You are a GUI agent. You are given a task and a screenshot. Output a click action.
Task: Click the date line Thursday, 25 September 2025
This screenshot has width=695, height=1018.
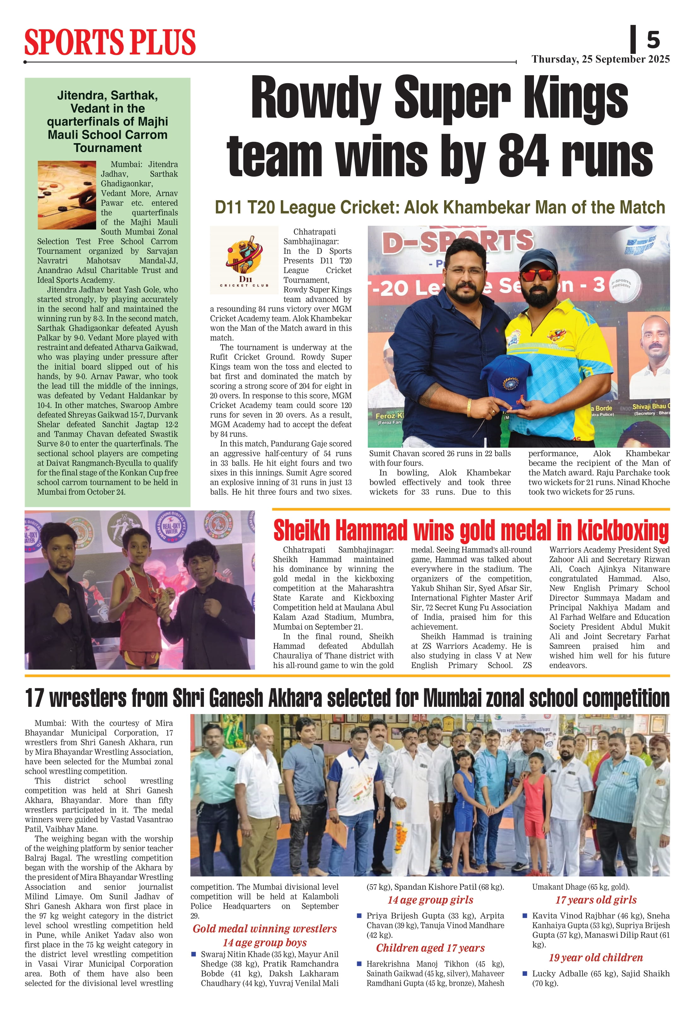(600, 59)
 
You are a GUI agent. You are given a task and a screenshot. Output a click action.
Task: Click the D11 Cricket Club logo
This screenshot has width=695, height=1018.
(244, 260)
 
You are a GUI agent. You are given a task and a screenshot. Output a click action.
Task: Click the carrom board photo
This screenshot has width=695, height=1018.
(67, 195)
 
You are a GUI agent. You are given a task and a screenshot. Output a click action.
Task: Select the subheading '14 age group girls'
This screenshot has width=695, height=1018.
(430, 900)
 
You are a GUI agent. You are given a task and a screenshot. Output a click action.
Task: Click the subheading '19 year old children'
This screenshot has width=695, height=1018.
(596, 957)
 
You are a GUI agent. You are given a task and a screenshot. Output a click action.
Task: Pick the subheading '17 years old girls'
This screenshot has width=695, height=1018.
(596, 900)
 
